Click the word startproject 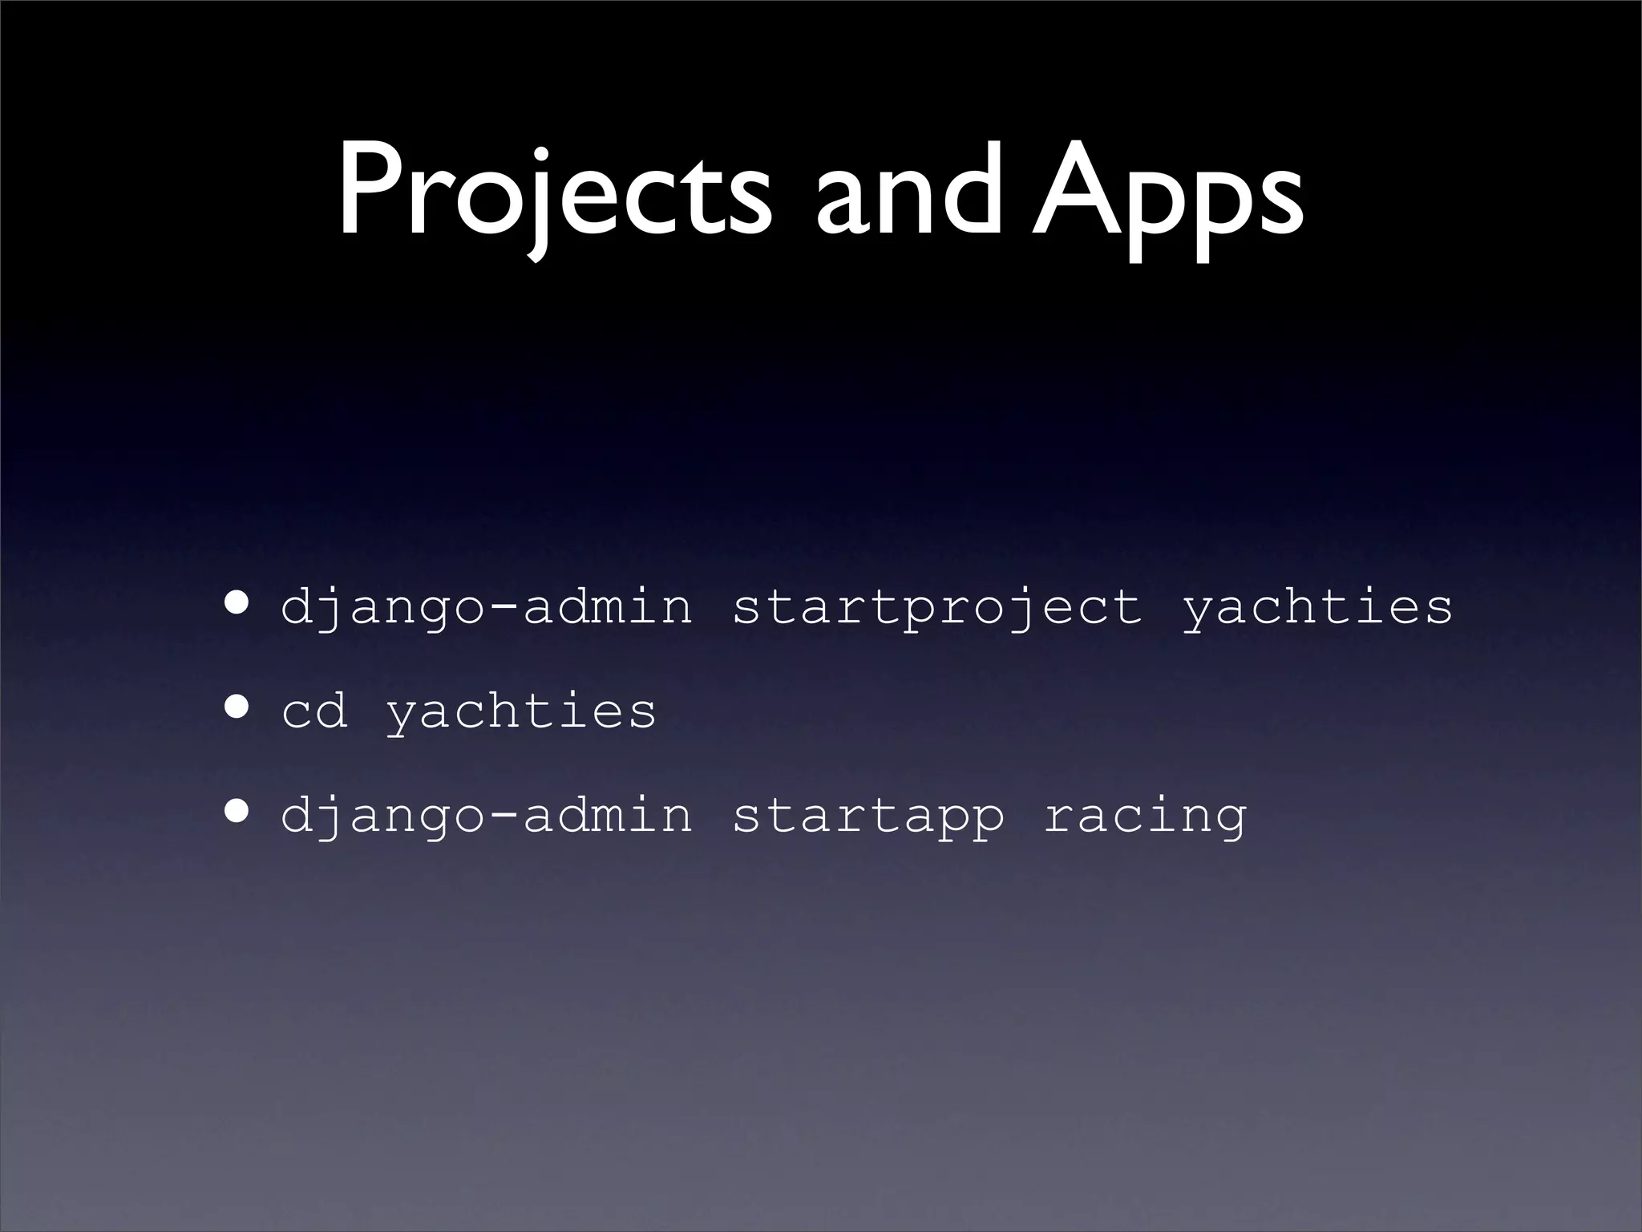pos(936,607)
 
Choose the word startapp pos(868,817)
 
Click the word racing pos(1145,817)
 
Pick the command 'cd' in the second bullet pos(314,711)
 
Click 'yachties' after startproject pos(1316,607)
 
